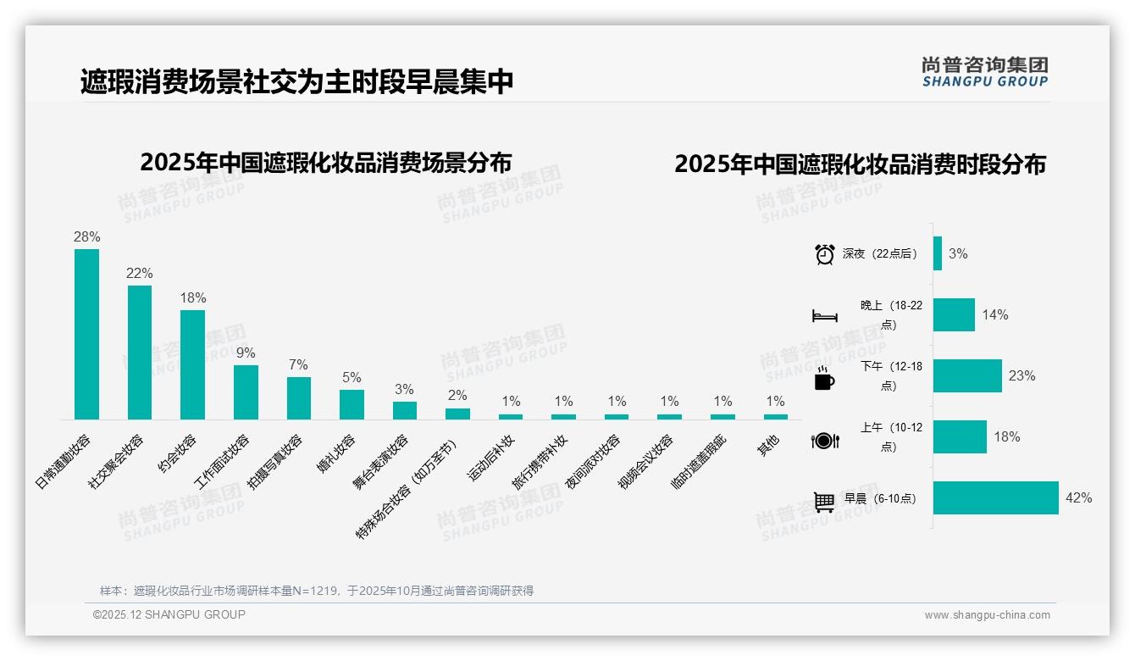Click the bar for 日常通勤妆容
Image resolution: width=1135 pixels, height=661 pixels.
[86, 334]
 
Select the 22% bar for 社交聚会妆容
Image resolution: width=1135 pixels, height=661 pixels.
[140, 353]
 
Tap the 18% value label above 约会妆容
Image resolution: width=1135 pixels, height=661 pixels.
[193, 298]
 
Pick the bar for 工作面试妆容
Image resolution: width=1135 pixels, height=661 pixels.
[246, 392]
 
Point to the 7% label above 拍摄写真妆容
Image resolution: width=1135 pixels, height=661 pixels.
[298, 364]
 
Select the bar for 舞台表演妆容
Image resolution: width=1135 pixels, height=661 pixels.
[405, 410]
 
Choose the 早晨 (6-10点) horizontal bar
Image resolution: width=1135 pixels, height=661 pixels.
[995, 498]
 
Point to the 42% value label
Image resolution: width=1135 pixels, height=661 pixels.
[1078, 498]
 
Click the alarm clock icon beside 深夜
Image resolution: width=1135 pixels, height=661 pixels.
[824, 254]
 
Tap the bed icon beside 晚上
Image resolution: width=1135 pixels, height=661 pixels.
[824, 316]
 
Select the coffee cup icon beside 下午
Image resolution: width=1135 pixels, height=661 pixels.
[824, 378]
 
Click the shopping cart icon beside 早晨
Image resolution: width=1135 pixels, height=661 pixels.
[824, 502]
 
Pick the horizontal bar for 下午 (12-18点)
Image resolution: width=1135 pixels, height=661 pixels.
[967, 375]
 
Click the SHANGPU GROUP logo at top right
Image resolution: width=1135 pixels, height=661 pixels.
[984, 72]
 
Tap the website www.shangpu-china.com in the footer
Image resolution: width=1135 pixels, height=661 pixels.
[987, 615]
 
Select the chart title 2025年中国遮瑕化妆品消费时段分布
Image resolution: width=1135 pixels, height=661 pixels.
[860, 164]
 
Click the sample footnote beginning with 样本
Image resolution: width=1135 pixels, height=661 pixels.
[316, 591]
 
